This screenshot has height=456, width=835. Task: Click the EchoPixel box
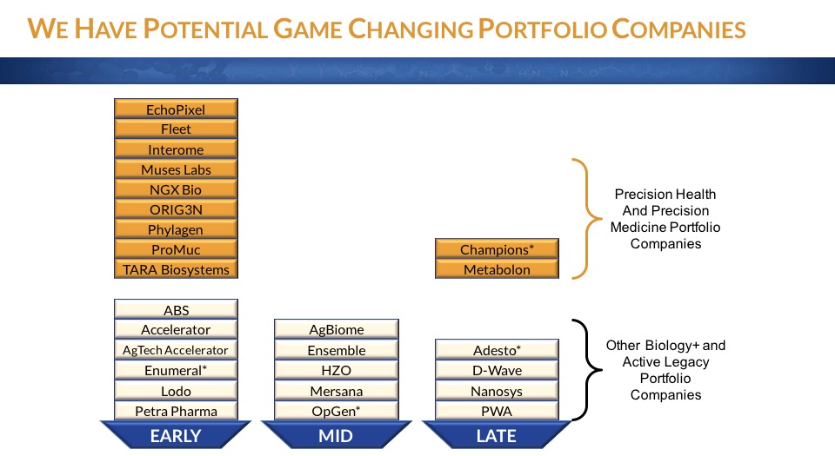176,109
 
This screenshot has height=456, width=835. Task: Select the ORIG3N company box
176,209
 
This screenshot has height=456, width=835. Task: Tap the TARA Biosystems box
176,269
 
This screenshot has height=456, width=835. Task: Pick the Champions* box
497,248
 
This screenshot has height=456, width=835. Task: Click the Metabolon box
497,269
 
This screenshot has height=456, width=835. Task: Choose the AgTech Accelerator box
176,350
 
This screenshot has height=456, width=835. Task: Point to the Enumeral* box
176,370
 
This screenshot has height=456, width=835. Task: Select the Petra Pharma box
176,410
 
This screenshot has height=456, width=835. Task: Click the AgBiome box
337,329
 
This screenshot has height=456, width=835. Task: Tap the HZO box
337,370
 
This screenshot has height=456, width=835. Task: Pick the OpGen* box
337,410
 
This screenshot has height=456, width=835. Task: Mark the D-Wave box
497,370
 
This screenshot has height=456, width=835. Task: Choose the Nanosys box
497,390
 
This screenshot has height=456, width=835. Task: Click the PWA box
497,410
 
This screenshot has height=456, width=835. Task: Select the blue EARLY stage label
176,435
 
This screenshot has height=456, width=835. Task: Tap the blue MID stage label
337,435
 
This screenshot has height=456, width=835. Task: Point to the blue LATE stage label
497,435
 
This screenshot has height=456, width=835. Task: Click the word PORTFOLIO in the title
542,30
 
